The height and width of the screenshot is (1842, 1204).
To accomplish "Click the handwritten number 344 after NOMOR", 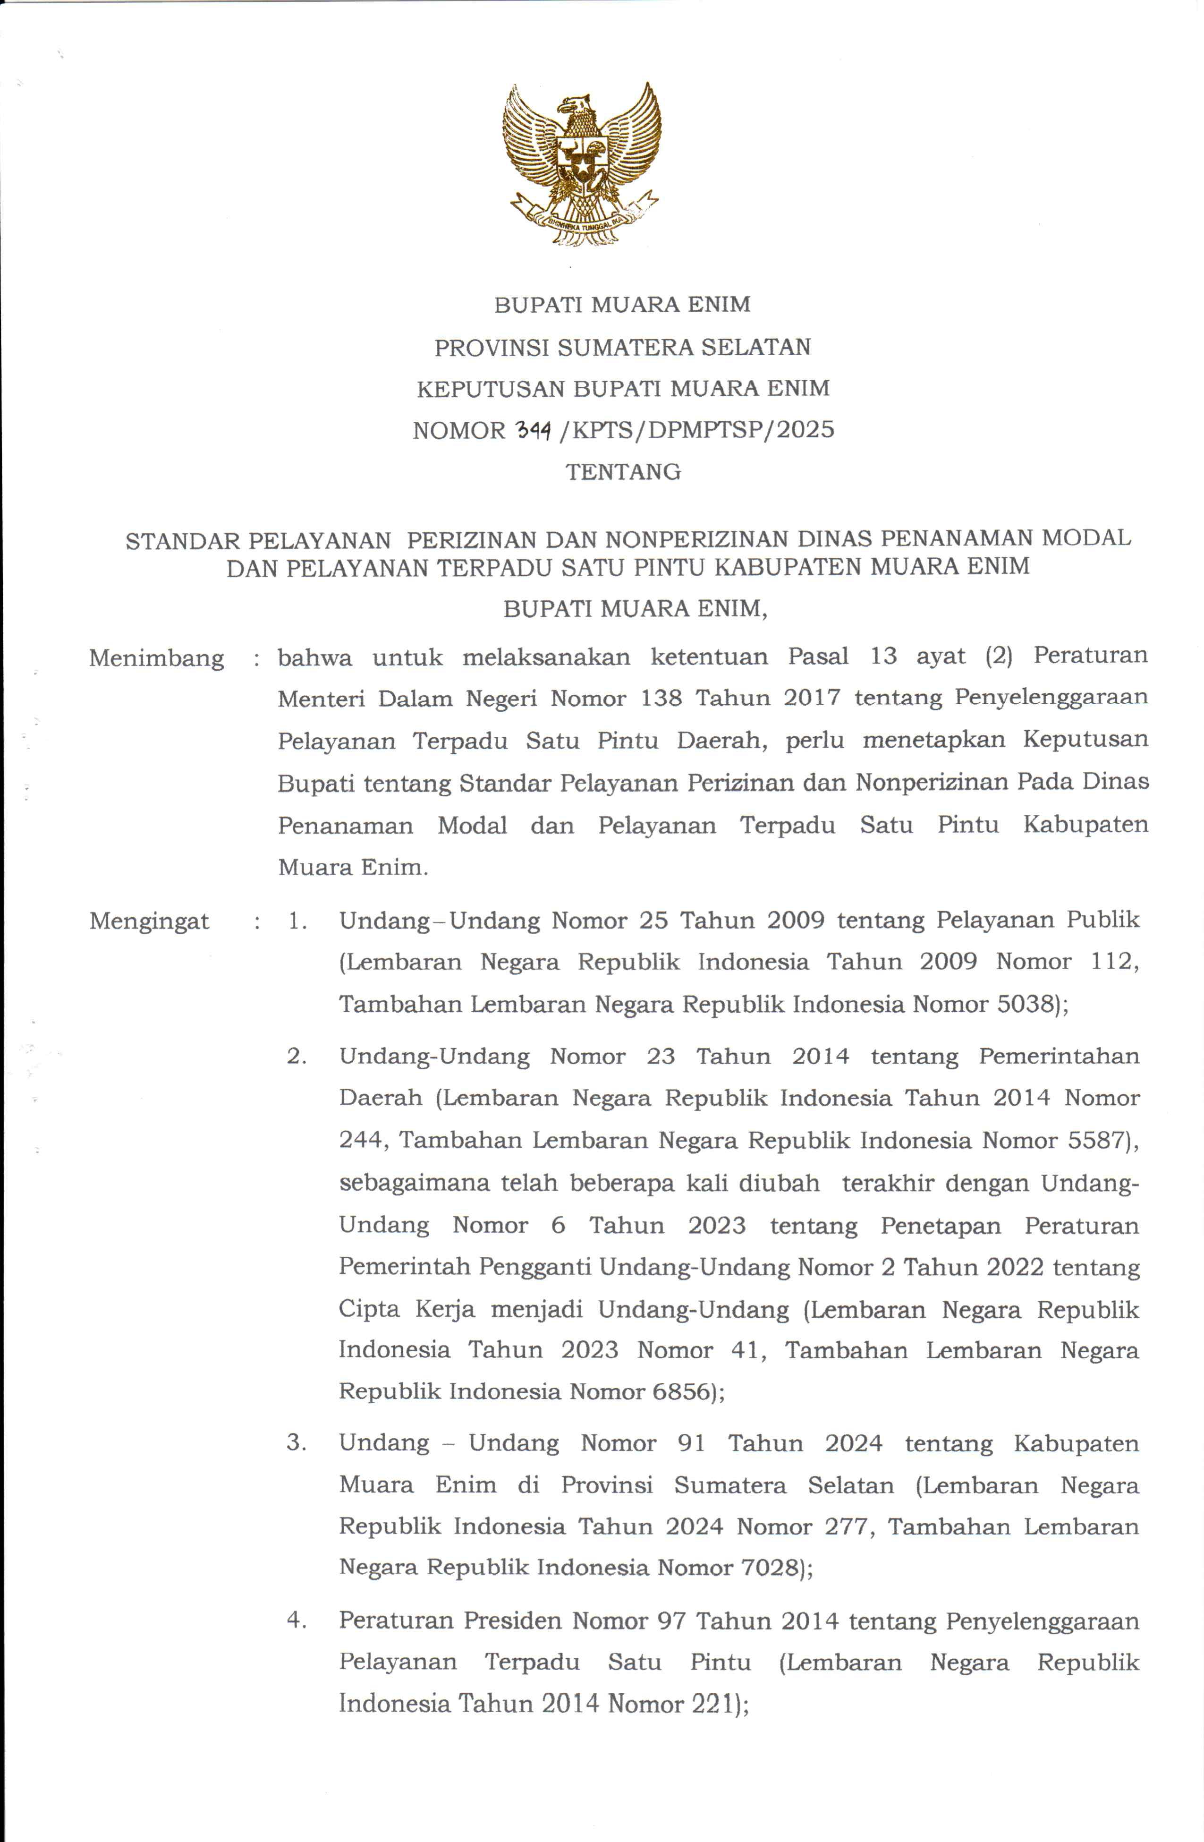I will pos(533,430).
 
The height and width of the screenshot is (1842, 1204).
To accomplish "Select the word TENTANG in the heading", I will pos(623,472).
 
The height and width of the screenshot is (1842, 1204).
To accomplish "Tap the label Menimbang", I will pos(156,658).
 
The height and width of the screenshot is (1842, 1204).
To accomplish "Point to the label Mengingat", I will pos(149,921).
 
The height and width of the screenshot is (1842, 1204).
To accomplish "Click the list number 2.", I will pos(297,1057).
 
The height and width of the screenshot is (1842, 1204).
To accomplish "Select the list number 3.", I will pos(297,1442).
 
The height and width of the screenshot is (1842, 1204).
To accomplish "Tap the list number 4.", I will pos(297,1620).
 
